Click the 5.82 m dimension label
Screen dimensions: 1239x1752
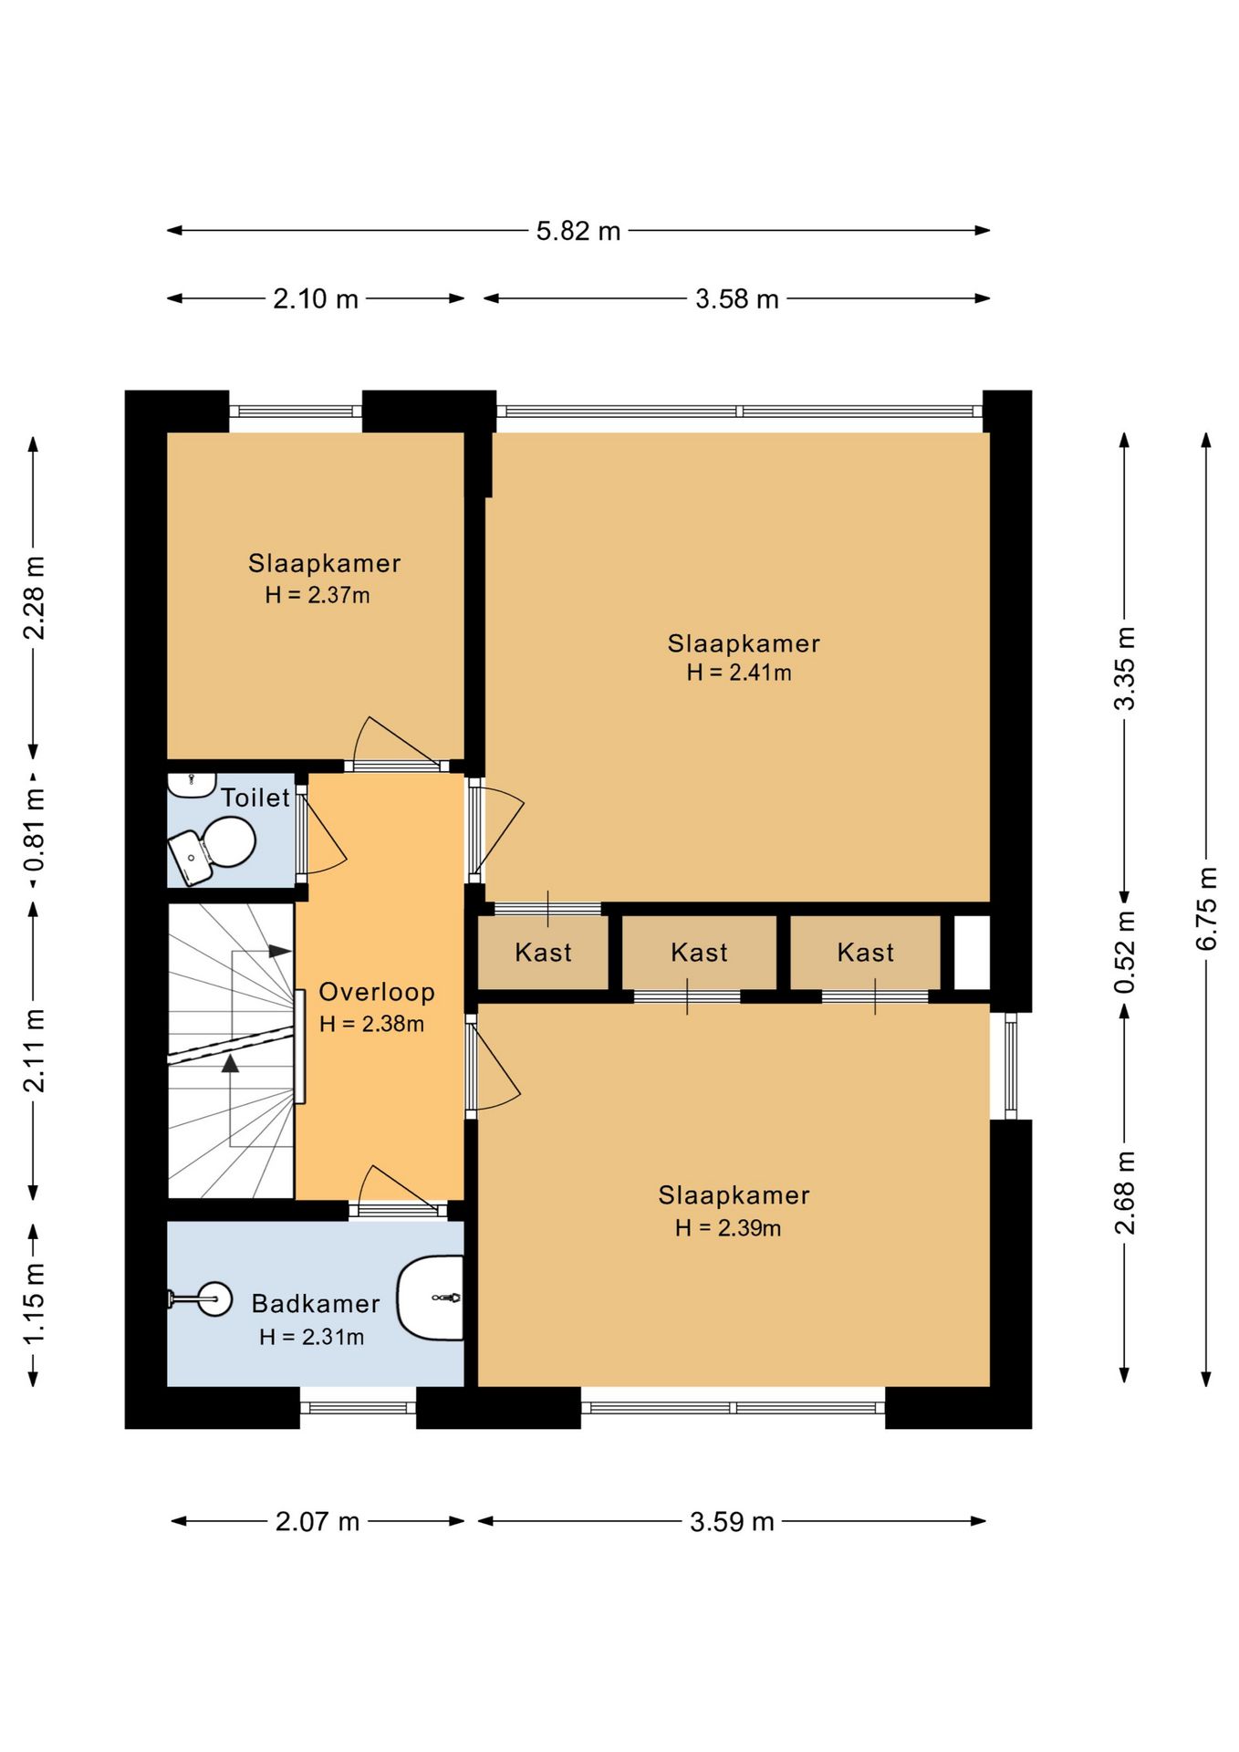coord(578,231)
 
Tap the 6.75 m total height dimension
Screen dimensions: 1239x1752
coord(1206,908)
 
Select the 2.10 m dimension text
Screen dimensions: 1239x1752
coord(316,299)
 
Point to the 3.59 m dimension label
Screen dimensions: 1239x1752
coord(732,1521)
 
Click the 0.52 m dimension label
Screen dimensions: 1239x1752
coord(1125,952)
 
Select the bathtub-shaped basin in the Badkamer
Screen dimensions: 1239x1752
coord(431,1298)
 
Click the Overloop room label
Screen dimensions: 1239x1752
coord(377,992)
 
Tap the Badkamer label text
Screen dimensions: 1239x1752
coord(316,1303)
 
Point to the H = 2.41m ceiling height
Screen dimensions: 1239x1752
coord(739,673)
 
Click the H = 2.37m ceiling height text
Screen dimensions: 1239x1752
coord(318,595)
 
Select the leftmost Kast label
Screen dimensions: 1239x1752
coord(543,953)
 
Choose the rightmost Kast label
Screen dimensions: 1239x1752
coord(866,953)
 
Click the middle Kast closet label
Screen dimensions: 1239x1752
coord(699,953)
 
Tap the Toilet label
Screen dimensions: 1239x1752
coord(255,798)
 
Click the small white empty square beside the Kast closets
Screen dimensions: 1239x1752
coord(972,953)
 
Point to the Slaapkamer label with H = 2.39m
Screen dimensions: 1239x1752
coord(734,1195)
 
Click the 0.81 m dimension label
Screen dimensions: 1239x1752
coord(34,830)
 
